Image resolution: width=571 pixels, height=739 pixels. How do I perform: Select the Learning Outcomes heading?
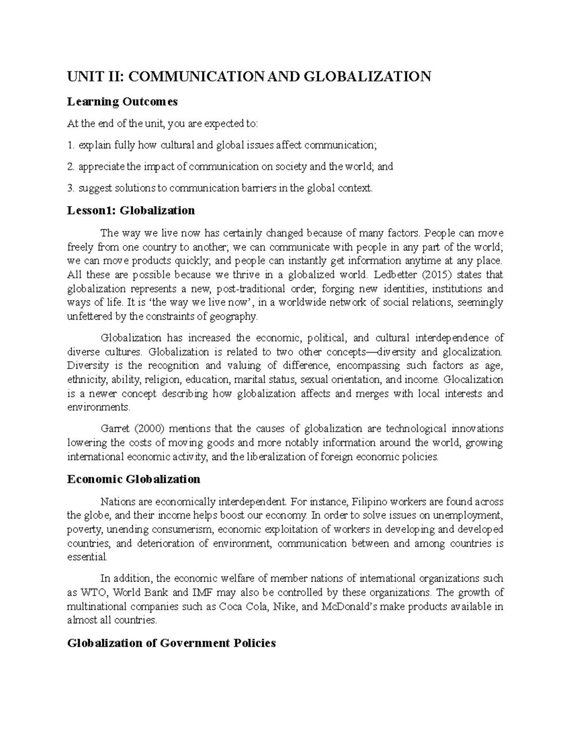tap(122, 101)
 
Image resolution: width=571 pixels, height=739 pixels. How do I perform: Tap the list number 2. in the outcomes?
tap(71, 167)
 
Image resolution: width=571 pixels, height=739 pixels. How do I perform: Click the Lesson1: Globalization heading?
tap(131, 210)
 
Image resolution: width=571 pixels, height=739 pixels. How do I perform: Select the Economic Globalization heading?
tap(134, 479)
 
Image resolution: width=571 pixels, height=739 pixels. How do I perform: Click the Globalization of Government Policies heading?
tap(171, 643)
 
